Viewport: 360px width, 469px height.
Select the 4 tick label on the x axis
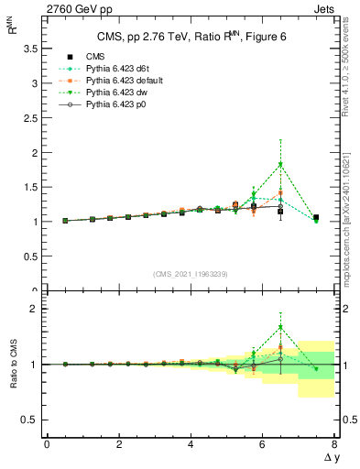tap(191, 444)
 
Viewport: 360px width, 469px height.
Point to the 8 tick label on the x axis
tap(334, 444)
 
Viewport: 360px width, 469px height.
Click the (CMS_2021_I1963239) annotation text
tap(190, 273)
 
